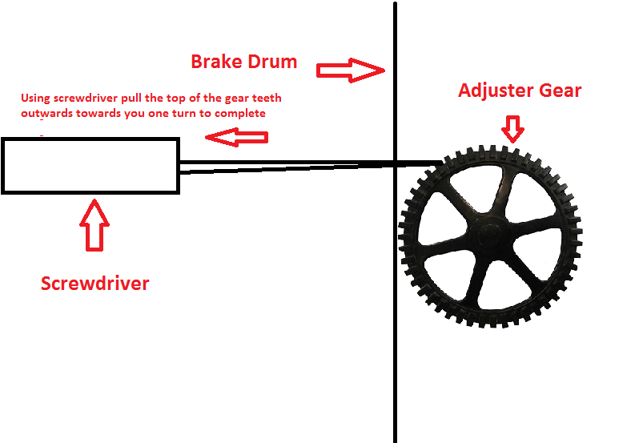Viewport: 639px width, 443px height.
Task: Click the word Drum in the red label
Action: [x=271, y=62]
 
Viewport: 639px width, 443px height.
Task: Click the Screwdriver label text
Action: [x=94, y=283]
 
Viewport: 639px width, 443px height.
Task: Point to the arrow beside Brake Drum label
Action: [x=351, y=70]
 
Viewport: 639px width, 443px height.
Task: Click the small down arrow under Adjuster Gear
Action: [x=512, y=126]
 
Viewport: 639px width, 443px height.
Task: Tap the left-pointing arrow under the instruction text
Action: [x=236, y=138]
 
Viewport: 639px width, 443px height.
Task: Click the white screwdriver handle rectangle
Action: [x=90, y=166]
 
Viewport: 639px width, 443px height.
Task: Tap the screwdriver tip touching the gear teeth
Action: [x=432, y=164]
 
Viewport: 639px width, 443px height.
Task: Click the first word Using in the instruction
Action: [x=35, y=99]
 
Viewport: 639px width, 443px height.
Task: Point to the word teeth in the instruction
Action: [x=266, y=99]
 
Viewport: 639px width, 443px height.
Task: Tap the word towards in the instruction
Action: [x=101, y=113]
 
